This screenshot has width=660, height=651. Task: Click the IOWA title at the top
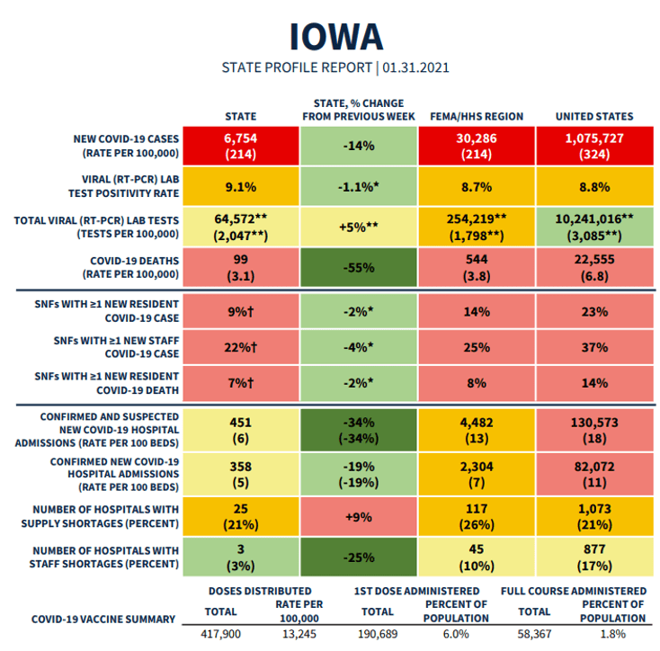[x=335, y=35]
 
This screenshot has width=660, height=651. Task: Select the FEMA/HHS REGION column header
[x=477, y=117]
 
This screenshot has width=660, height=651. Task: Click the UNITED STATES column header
[x=593, y=117]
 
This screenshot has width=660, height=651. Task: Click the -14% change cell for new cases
[x=359, y=147]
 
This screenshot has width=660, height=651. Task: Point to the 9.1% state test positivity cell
[x=240, y=188]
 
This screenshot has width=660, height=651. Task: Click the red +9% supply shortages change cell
[x=359, y=518]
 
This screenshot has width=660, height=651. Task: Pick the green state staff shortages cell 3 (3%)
[x=240, y=558]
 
